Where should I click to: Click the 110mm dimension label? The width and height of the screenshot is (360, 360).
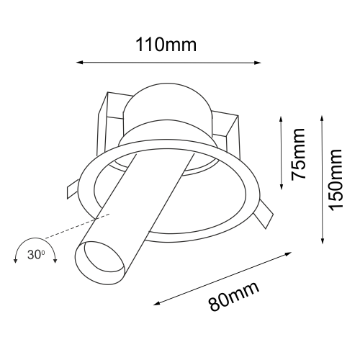pyautogui.click(x=167, y=45)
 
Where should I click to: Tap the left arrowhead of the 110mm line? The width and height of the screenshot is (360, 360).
pyautogui.click(x=78, y=63)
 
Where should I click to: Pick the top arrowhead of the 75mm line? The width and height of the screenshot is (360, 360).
pyautogui.click(x=281, y=117)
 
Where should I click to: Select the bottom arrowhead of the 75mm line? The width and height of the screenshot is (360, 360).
pyautogui.click(x=281, y=186)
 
